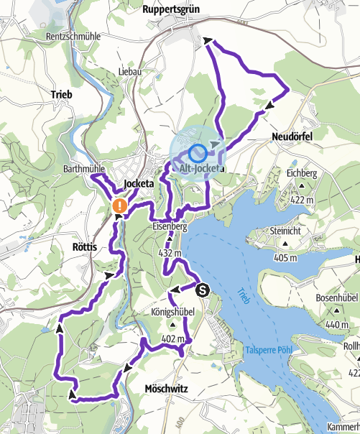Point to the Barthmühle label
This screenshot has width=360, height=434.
point(85,169)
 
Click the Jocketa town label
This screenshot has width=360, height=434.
point(139,185)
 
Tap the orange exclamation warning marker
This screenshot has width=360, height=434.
point(120,206)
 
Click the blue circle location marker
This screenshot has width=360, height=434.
point(198,153)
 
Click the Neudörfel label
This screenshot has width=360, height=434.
point(293,137)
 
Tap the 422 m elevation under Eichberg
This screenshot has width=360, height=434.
point(305,200)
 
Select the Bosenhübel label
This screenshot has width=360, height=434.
point(333,297)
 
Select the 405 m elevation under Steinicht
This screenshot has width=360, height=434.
point(285,258)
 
